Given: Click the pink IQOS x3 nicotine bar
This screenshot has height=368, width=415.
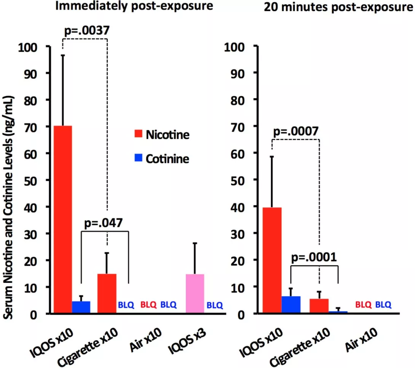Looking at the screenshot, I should point(195,293).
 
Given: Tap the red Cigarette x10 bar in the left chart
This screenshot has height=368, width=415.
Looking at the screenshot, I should point(107,293).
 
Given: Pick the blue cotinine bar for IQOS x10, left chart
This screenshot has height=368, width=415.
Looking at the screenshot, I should point(81,307).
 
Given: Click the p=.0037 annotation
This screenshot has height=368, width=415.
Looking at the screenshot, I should point(85,31).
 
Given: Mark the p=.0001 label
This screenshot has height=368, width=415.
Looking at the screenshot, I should point(314,258).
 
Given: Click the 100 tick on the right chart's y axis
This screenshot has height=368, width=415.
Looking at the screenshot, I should point(233,46).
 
